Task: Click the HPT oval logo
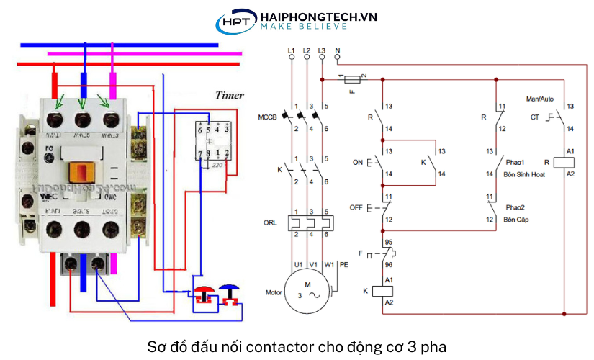236,22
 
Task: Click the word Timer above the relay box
229,95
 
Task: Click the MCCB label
267,117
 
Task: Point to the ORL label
270,222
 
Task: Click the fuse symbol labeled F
354,78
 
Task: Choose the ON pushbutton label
357,163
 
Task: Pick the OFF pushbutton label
356,207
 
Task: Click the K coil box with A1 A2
383,290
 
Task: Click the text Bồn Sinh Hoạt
526,175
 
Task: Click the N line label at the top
338,50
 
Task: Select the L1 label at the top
291,50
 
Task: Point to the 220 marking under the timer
217,166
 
